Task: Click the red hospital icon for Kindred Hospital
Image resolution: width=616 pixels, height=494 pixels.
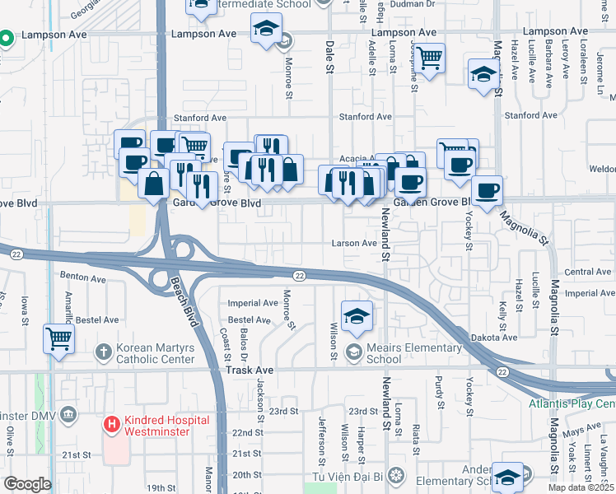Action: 111,425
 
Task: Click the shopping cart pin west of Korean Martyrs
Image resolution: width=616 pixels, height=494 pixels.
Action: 58,338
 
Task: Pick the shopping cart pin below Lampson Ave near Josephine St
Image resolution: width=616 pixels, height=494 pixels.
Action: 429,58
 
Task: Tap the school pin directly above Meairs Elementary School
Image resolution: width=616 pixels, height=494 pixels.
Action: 357,315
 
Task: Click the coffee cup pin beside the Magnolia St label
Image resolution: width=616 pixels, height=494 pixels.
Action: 486,190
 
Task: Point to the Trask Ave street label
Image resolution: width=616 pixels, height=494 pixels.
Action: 249,370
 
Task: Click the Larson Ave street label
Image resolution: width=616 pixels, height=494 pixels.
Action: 353,244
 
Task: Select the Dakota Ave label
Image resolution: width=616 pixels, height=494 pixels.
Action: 494,338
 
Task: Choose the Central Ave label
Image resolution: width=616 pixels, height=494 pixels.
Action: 588,272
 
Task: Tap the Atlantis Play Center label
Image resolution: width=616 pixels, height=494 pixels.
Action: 572,404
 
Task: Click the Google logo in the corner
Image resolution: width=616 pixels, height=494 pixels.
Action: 27,484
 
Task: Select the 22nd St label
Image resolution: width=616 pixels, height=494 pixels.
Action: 246,432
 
